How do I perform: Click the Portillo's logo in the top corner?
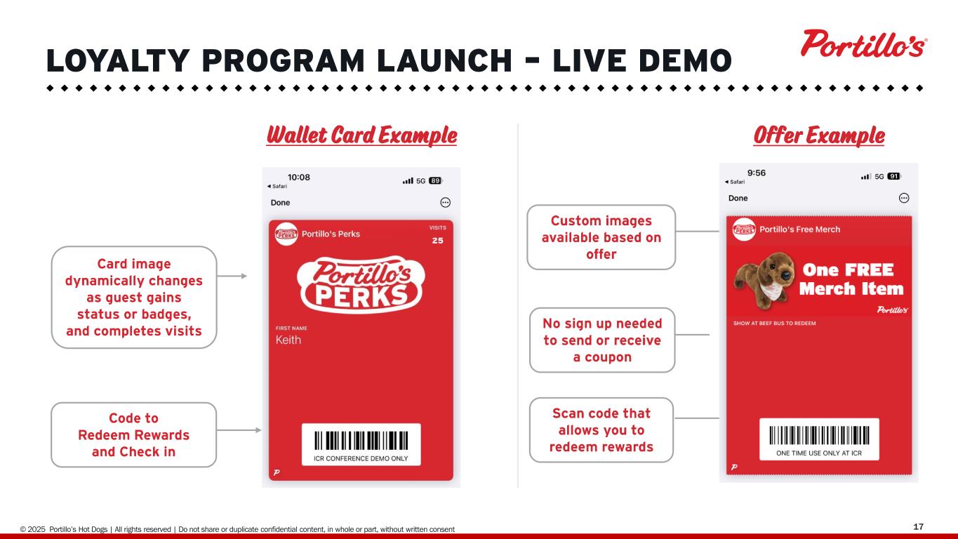pyautogui.click(x=864, y=44)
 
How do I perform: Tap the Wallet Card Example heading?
pyautogui.click(x=362, y=135)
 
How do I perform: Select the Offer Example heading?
pyautogui.click(x=819, y=135)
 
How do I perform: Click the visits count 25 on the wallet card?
pyautogui.click(x=437, y=241)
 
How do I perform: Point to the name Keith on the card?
pyautogui.click(x=288, y=340)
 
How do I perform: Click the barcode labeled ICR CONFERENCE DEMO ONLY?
pyautogui.click(x=361, y=441)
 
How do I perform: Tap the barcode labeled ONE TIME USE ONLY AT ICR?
pyautogui.click(x=819, y=436)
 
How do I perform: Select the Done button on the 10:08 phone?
pyautogui.click(x=280, y=202)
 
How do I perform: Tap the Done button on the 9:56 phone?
pyautogui.click(x=738, y=198)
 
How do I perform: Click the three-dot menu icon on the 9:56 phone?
pyautogui.click(x=904, y=198)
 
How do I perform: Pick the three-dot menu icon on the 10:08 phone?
pyautogui.click(x=445, y=202)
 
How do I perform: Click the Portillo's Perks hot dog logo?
pyautogui.click(x=361, y=284)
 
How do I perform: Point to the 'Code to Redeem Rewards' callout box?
pyautogui.click(x=134, y=434)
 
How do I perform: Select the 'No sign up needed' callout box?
pyautogui.click(x=602, y=340)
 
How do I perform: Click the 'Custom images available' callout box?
pyautogui.click(x=601, y=237)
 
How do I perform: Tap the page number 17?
pyautogui.click(x=918, y=526)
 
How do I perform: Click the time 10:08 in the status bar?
pyautogui.click(x=298, y=177)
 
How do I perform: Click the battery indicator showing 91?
pyautogui.click(x=893, y=176)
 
